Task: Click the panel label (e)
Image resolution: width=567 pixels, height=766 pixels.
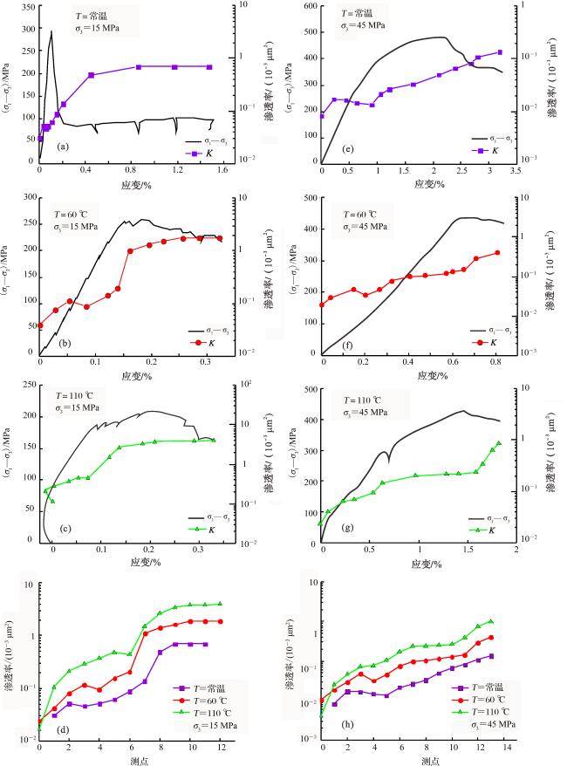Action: click(349, 149)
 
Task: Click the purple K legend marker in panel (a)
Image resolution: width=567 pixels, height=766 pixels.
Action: click(197, 152)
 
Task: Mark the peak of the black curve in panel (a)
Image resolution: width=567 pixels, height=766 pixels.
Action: click(51, 32)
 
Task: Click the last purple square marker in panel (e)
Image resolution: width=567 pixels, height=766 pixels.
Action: click(500, 52)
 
